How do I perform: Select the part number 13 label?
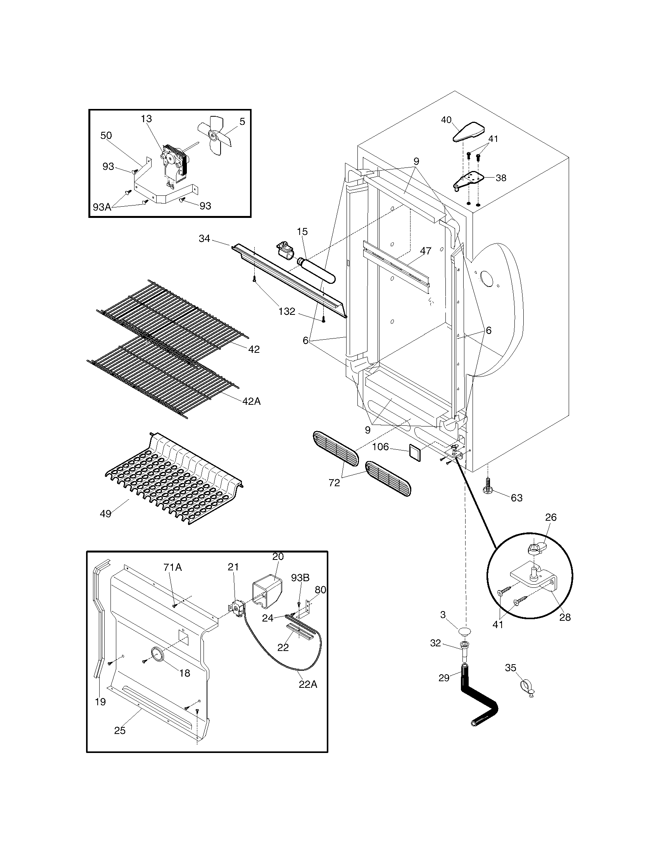coord(147,119)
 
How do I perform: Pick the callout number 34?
coord(204,238)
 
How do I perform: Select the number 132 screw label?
coord(287,311)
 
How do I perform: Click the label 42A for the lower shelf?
coord(251,401)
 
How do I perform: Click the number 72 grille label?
coord(334,483)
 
